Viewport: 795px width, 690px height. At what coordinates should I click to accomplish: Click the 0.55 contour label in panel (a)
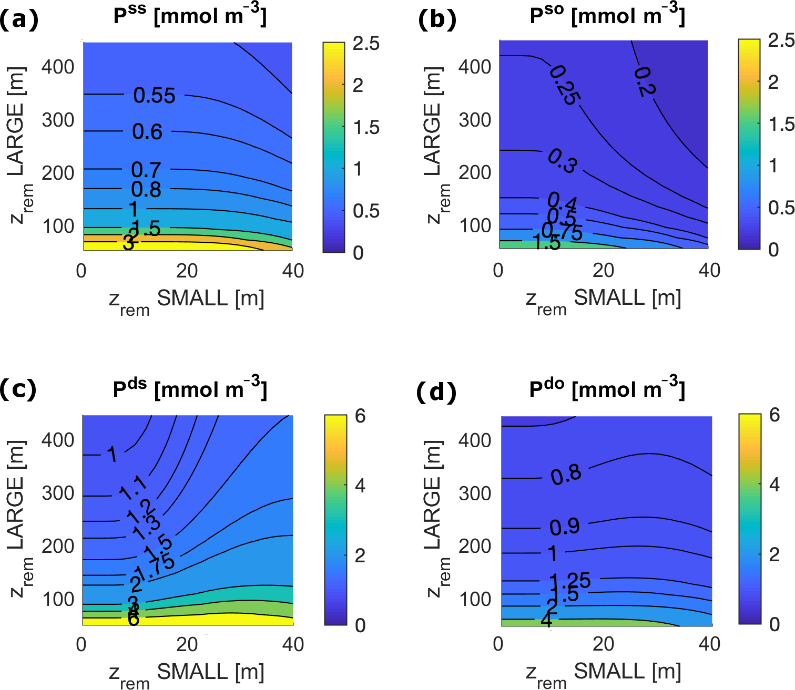coord(154,96)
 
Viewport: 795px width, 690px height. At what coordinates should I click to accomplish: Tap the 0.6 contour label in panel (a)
coord(147,131)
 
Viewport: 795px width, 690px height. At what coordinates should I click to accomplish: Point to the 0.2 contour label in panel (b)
coord(645,81)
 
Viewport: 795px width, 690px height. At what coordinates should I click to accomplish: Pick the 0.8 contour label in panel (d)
coord(566,475)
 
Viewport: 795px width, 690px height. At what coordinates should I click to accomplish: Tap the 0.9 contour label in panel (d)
coord(565,527)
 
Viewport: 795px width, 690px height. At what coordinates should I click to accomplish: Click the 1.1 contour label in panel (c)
coord(134,489)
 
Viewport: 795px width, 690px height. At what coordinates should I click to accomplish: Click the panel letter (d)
coord(436,392)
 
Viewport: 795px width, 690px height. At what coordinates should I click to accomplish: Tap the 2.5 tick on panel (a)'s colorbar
coord(366,44)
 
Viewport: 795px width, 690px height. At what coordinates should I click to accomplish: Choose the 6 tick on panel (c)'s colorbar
coord(360,416)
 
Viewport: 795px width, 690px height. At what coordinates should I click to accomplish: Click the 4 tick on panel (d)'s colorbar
coord(774,485)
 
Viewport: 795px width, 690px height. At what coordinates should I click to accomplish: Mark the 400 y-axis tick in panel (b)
coord(475,67)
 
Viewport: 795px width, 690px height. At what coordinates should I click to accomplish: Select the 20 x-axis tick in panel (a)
coord(187,271)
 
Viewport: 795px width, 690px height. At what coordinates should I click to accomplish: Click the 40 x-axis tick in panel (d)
coord(709,644)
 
